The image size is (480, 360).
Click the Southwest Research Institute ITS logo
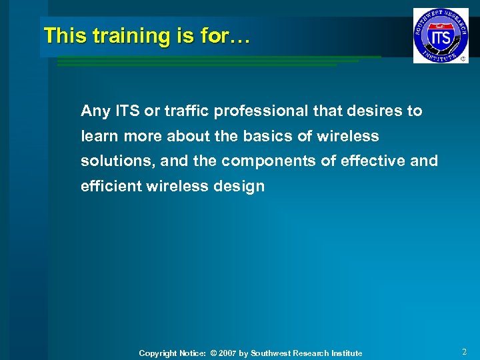(x=440, y=35)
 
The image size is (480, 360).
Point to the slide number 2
(x=464, y=352)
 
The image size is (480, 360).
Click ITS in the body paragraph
(x=126, y=111)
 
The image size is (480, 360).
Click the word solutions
(x=111, y=161)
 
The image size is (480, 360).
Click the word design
(x=243, y=187)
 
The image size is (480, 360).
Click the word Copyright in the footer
(x=158, y=353)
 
